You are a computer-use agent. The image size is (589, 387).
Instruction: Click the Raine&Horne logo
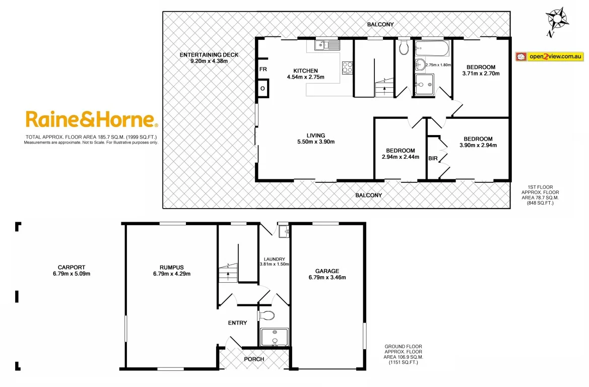[x=91, y=120]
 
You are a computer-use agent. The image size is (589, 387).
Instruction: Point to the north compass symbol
[x=557, y=21]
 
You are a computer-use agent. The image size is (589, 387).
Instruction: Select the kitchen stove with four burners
[x=347, y=67]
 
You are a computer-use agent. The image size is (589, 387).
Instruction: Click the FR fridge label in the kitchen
[x=263, y=70]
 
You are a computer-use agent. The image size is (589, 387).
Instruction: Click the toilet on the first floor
[x=403, y=48]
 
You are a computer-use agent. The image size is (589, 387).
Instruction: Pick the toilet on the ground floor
[x=267, y=316]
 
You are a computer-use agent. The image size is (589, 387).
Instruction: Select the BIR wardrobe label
[x=433, y=158]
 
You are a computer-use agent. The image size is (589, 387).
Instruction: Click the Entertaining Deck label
[x=209, y=55]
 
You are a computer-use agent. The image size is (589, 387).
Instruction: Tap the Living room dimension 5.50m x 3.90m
[x=316, y=142]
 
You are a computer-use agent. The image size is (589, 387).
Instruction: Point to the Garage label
[x=327, y=271]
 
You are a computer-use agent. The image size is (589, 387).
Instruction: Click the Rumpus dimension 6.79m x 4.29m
[x=171, y=274]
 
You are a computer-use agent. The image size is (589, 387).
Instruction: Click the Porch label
[x=254, y=359]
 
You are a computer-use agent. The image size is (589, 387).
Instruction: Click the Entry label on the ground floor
[x=237, y=322]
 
